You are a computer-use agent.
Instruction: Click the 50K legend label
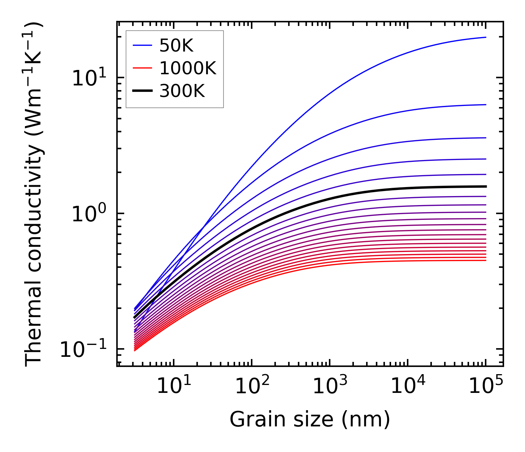pos(176,46)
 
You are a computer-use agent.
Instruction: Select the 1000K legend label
pos(187,68)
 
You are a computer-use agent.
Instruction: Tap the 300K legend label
pos(182,91)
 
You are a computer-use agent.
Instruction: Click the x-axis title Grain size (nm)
pos(310,420)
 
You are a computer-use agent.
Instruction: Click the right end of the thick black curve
pos(486,186)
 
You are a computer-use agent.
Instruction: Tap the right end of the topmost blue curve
pos(486,37)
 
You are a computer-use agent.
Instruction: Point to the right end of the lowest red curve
pos(486,260)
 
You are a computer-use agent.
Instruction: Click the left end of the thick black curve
pos(134,318)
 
